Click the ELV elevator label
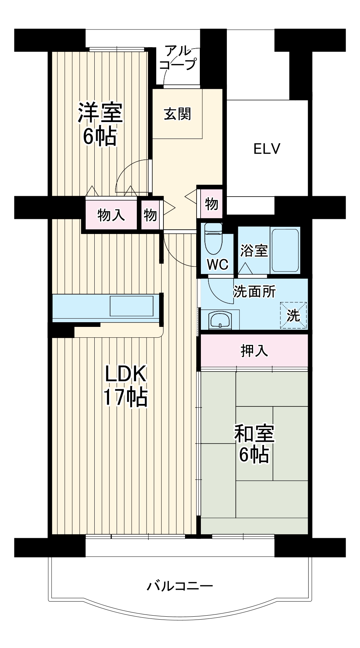point(267,148)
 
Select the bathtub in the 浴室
point(285,250)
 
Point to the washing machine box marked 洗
point(293,315)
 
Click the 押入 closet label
point(254,350)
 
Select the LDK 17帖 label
point(125,385)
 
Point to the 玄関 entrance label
point(177,114)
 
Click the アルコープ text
point(178,58)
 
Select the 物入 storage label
point(111,215)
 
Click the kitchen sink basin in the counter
point(131,306)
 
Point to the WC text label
point(217,265)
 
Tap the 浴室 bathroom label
point(254,251)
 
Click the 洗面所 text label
point(254,291)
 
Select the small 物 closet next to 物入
point(150,215)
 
